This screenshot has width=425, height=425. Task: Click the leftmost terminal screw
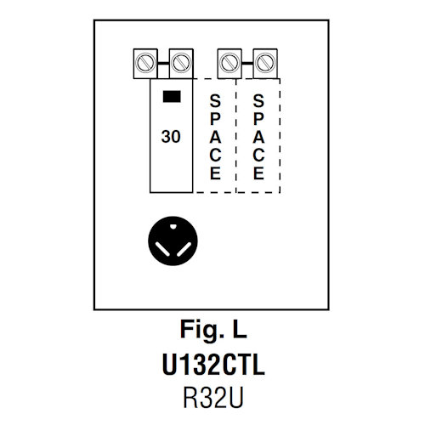click(x=144, y=61)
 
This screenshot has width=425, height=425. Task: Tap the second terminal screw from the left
click(x=179, y=61)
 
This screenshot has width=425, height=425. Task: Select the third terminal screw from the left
click(x=228, y=61)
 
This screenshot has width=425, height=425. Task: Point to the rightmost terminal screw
click(x=263, y=61)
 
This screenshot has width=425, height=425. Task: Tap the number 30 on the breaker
click(x=171, y=134)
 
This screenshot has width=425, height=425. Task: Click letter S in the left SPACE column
click(x=215, y=100)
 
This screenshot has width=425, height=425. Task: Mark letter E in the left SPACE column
click(x=215, y=172)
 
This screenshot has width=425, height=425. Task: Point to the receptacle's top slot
click(x=173, y=225)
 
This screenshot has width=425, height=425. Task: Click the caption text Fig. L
click(x=212, y=326)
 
